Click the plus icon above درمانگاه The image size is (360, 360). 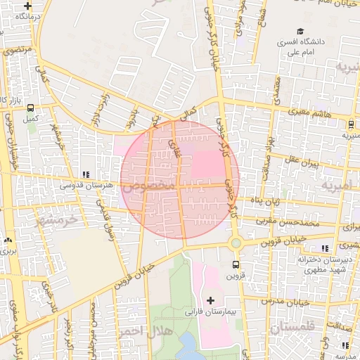coord(27,5)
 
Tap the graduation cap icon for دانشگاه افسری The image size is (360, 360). coord(301,32)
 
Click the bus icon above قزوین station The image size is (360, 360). coord(235,264)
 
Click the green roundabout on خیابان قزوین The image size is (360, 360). coord(236,243)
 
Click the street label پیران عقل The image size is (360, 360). coord(302,162)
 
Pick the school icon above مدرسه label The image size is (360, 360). coord(345,345)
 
